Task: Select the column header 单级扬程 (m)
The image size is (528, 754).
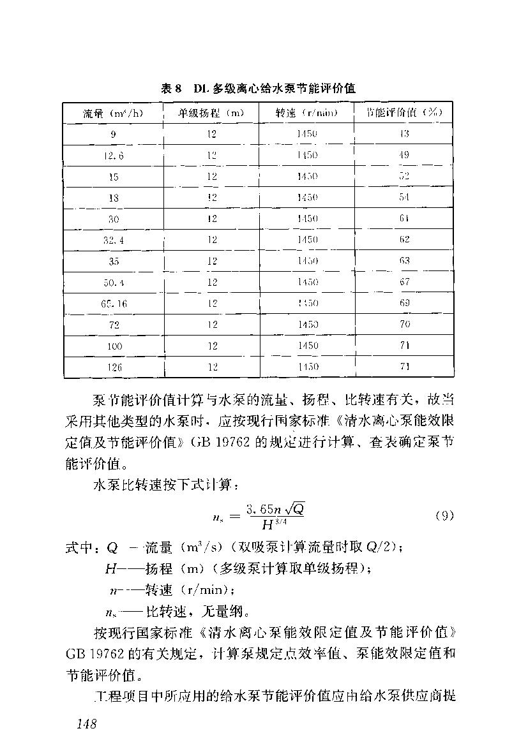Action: [211, 113]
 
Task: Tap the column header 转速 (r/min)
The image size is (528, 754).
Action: [306, 113]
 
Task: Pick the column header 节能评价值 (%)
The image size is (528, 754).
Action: [404, 113]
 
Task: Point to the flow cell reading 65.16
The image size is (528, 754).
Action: [114, 304]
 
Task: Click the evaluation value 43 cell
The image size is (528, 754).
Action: [404, 134]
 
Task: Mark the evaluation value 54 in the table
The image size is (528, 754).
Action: [404, 198]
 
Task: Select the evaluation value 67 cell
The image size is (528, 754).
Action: [404, 282]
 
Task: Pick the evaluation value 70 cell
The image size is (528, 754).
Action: [404, 325]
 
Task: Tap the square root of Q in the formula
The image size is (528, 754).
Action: [294, 508]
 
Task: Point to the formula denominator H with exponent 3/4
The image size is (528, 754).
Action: [273, 525]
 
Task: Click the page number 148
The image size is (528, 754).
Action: [85, 723]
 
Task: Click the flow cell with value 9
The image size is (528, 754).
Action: [114, 134]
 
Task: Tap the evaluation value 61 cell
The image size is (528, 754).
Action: [404, 219]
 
